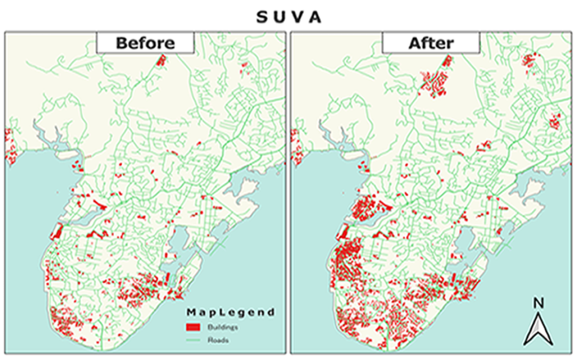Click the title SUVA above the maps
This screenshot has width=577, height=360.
(288, 17)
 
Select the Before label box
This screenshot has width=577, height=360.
(145, 43)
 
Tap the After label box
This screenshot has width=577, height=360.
(431, 43)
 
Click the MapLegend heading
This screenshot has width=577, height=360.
(230, 312)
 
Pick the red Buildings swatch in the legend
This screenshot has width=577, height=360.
(193, 327)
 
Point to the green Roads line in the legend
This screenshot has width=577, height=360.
(193, 340)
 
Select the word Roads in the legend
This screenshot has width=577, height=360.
(217, 340)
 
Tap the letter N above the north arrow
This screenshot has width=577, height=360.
(539, 303)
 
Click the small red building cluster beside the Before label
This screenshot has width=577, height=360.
(161, 61)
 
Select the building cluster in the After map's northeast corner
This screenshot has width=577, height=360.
(529, 61)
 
